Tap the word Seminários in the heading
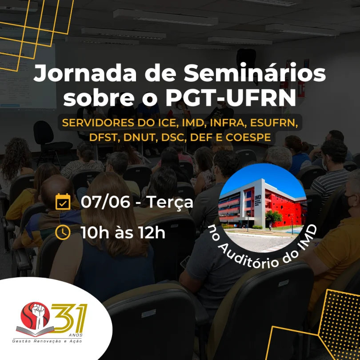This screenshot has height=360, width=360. tap(255, 72)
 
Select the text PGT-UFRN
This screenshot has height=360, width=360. tap(231, 97)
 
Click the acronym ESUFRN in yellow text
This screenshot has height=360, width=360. tap(274, 123)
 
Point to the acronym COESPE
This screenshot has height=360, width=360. tap(248, 137)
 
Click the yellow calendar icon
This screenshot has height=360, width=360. tap(63, 202)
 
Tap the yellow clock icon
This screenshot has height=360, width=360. tap(63, 232)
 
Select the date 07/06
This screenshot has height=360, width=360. tap(105, 202)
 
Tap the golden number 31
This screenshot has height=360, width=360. tap(68, 318)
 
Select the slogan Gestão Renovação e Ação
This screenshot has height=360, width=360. tap(47, 341)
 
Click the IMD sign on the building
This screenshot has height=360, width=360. tap(258, 198)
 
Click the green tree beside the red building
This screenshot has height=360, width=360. tap(273, 217)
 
